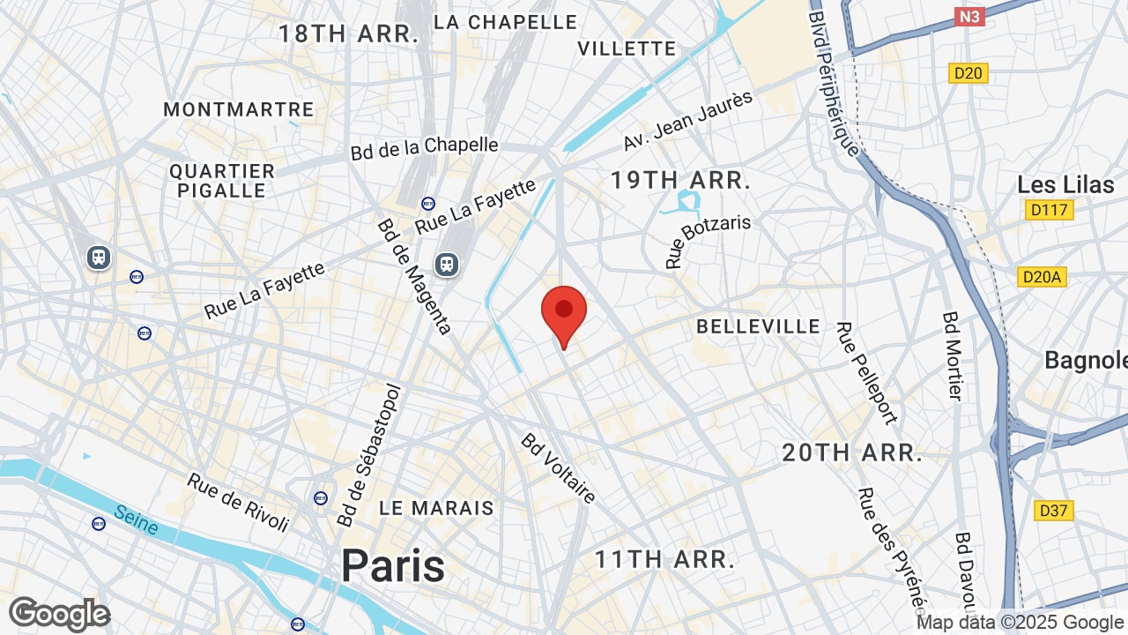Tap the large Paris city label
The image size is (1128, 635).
tap(393, 565)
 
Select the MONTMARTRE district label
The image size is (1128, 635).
tap(239, 109)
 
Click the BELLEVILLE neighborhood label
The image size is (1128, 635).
tap(758, 326)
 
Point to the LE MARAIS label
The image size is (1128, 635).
tap(436, 508)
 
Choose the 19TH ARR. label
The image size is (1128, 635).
tap(680, 181)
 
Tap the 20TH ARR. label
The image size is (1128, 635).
tap(852, 453)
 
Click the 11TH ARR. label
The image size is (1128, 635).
tap(664, 559)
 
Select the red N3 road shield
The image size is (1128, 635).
tap(969, 17)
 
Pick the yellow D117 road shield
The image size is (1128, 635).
tap(1049, 210)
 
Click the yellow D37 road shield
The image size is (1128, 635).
tap(1054, 511)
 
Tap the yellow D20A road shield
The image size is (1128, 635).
tap(1042, 277)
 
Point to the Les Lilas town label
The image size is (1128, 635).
tap(1065, 185)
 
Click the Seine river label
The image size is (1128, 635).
tap(137, 520)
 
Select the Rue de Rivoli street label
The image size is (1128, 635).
tap(238, 503)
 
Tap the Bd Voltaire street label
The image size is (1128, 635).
tap(558, 468)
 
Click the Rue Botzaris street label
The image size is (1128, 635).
tap(709, 240)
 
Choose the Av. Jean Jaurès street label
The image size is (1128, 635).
tap(688, 120)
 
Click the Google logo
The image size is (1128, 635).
tap(59, 614)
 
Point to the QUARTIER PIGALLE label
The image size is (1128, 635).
tap(222, 180)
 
